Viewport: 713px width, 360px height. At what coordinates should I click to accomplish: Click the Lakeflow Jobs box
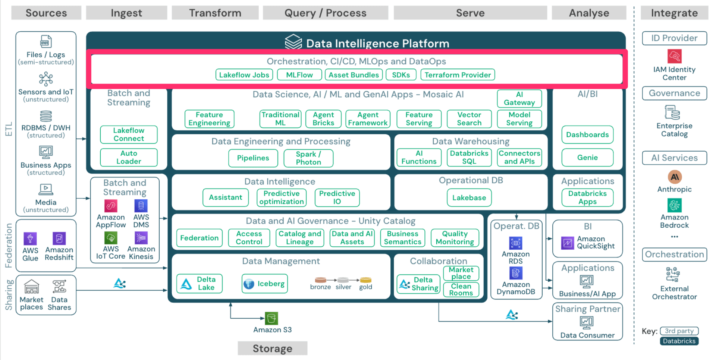[244, 75]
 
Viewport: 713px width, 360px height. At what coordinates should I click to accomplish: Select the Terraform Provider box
[458, 75]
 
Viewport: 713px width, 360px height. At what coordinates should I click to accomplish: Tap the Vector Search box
[469, 119]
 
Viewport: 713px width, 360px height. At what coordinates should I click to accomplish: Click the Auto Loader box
[129, 157]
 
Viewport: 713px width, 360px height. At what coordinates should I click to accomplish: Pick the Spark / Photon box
[308, 158]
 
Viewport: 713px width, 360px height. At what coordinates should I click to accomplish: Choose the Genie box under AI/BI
[587, 157]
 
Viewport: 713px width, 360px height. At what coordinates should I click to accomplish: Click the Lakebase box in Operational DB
[469, 198]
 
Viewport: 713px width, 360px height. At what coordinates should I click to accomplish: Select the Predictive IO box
[337, 198]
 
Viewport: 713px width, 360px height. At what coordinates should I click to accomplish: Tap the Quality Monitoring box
[455, 238]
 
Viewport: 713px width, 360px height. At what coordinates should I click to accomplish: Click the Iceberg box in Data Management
[264, 284]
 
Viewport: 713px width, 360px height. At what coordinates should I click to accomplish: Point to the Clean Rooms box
[461, 290]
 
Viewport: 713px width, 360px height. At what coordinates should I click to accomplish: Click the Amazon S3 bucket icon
[271, 318]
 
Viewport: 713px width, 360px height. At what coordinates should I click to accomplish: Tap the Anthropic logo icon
[674, 177]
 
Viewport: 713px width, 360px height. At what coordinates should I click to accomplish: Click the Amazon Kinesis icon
[141, 238]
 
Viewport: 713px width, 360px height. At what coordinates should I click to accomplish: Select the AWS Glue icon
[30, 239]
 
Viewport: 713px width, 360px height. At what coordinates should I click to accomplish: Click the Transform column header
[215, 13]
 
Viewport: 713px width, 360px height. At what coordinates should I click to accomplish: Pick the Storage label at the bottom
[273, 348]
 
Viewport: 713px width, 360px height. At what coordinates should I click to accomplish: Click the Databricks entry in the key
[679, 341]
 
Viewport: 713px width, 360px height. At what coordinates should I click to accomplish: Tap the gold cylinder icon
[365, 280]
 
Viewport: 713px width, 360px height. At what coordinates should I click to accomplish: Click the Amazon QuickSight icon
[568, 243]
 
